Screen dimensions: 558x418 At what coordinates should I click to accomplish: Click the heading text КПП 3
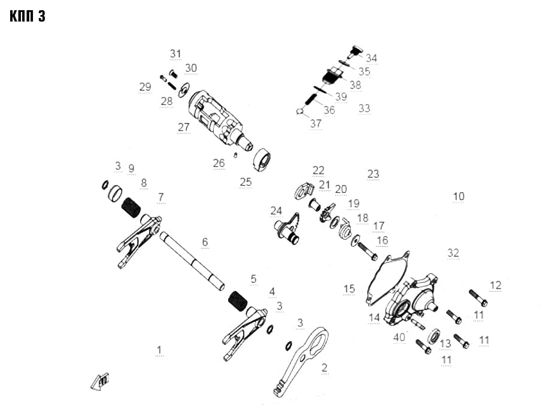click(x=28, y=16)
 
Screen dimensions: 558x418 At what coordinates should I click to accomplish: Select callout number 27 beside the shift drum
click(x=184, y=127)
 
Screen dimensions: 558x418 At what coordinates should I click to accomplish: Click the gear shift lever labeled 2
click(x=302, y=361)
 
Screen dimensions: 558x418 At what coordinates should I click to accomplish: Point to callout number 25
click(x=245, y=181)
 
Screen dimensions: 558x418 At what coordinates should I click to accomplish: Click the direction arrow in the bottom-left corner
click(x=99, y=381)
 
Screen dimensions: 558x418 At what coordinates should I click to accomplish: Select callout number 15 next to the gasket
click(x=349, y=289)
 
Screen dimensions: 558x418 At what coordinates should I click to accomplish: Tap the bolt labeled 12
click(x=478, y=298)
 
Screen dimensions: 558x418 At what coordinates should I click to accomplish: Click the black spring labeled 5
click(x=238, y=301)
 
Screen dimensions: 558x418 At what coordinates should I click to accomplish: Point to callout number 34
click(x=371, y=57)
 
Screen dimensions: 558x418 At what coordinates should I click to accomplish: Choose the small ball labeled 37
click(x=299, y=111)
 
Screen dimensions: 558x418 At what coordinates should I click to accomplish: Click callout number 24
click(x=276, y=210)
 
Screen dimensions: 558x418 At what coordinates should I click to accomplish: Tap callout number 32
click(x=453, y=253)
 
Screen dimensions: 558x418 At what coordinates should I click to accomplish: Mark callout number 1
click(x=159, y=350)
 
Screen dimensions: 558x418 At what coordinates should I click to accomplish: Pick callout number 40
click(x=399, y=337)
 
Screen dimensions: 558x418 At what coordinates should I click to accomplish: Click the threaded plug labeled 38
click(x=332, y=76)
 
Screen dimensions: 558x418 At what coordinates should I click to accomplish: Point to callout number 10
click(x=459, y=196)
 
